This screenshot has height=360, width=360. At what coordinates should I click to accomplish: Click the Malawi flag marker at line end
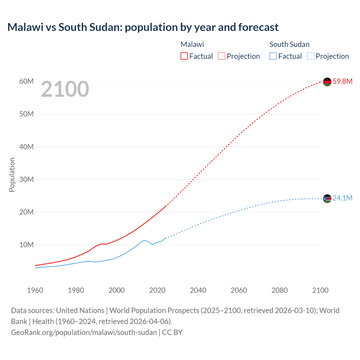tap(327, 82)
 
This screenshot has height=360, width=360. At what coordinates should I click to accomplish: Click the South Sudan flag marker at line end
tap(327, 199)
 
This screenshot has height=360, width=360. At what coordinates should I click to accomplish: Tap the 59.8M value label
tap(342, 82)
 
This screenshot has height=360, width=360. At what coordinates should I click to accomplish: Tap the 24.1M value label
tap(342, 198)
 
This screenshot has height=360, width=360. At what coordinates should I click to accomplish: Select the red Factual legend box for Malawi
tap(184, 56)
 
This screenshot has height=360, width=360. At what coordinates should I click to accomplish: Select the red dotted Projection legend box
tap(222, 56)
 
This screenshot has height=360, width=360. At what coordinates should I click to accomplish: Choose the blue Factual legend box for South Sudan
tap(273, 56)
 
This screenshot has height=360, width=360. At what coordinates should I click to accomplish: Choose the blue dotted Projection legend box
tap(311, 56)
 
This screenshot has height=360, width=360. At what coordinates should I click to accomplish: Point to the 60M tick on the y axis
tap(26, 82)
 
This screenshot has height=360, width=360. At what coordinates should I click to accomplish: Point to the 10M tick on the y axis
tap(26, 245)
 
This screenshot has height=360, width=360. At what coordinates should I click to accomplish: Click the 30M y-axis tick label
tap(26, 179)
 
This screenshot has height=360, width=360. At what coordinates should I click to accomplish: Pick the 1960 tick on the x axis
tap(35, 290)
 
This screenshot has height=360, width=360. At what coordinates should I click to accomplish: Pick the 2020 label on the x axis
tap(157, 290)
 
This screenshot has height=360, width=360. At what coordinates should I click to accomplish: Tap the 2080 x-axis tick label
tap(280, 290)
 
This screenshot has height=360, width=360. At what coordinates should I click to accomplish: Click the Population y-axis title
tap(12, 175)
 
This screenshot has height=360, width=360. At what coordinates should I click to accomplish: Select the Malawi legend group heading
tap(192, 44)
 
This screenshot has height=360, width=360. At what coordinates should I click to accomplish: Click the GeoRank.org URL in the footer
tap(84, 332)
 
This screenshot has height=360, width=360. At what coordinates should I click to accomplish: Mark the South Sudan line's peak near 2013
tap(144, 241)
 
